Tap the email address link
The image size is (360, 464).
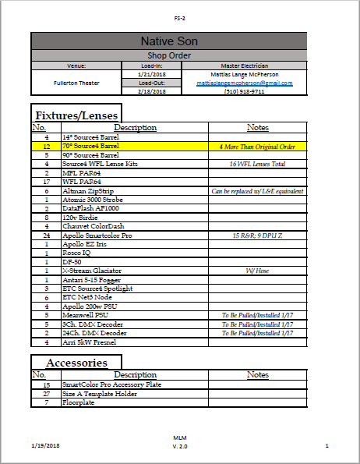244,83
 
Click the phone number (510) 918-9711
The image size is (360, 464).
244,91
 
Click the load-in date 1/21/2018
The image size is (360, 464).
151,74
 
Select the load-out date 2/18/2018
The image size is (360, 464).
151,91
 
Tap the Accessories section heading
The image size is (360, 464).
76,363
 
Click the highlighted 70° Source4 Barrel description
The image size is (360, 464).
90,146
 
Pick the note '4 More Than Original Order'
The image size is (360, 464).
257,146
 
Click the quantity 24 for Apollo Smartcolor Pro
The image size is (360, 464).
46,235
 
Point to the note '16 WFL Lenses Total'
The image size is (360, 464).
257,164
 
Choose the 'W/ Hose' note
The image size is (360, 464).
257,271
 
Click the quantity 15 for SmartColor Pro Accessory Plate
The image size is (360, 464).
46,384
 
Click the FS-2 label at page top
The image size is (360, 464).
180,17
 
